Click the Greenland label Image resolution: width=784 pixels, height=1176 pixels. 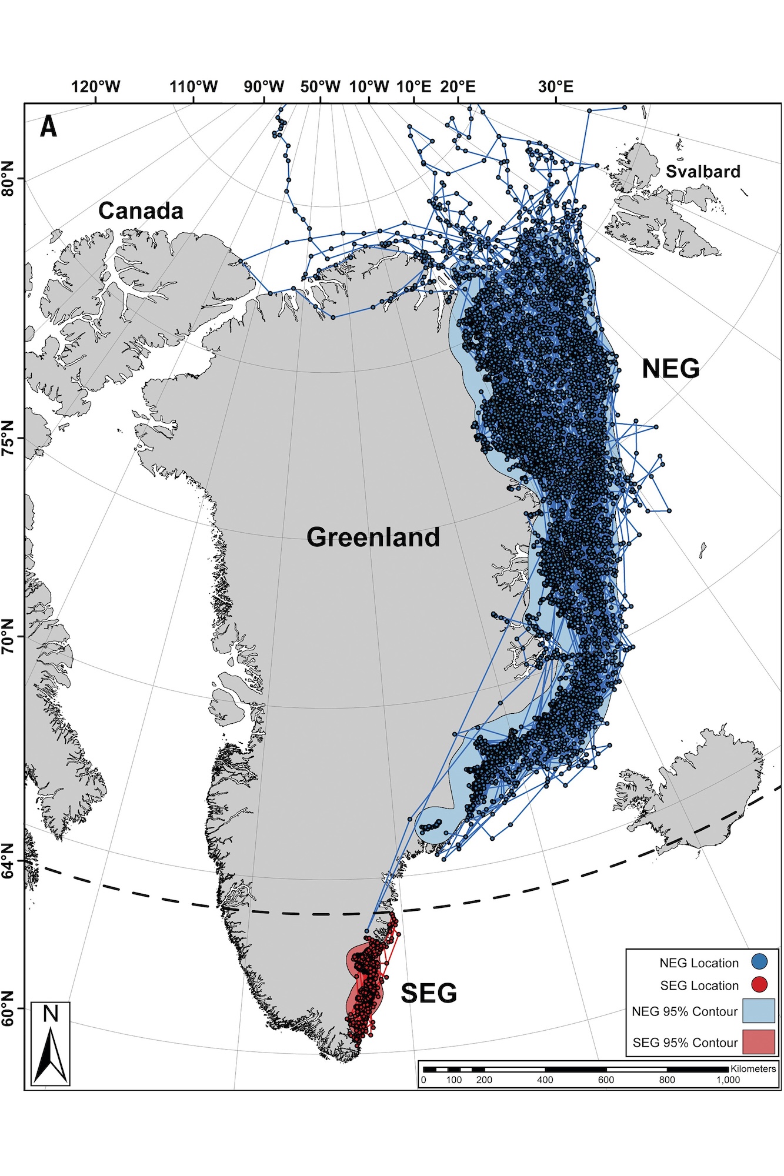coord(373,537)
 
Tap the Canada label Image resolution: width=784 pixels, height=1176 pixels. coord(141,211)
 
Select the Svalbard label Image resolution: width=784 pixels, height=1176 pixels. coord(703,172)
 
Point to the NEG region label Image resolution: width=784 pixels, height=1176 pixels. coord(670,369)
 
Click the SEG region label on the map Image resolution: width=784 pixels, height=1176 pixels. coord(429,993)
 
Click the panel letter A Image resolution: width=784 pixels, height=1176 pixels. coord(49,126)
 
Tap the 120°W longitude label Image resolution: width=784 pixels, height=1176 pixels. coord(95,87)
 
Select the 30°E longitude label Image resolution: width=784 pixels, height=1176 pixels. coord(555,87)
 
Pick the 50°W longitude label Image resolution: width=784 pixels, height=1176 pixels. coord(320,87)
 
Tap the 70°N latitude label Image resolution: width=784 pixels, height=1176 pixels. coord(8,636)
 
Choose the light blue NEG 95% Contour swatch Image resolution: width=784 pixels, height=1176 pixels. coord(758,1010)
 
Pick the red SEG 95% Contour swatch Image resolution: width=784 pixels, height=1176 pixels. coord(758,1041)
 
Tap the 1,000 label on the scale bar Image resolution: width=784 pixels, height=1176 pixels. coord(728,1080)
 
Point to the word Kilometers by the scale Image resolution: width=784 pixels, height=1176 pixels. coord(753,1068)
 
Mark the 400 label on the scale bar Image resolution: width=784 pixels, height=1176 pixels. coord(545,1080)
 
